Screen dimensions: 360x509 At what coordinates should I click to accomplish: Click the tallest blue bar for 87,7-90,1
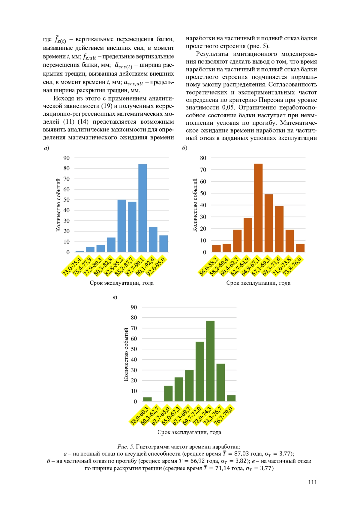point(142,208)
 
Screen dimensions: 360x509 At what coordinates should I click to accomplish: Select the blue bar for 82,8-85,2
point(121,226)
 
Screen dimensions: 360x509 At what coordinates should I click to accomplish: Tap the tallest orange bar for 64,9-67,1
point(258,208)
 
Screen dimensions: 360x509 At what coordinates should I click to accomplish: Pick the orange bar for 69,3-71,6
point(279,229)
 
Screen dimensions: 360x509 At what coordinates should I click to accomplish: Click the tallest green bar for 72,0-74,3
point(210,361)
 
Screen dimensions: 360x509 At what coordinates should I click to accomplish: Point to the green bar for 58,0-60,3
point(147,399)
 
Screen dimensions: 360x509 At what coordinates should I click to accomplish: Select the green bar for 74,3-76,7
point(221,383)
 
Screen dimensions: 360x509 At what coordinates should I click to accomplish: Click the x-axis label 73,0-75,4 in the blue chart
point(72,266)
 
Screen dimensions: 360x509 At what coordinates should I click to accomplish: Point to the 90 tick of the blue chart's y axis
point(66,158)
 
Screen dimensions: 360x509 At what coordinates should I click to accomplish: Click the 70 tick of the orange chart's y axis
point(203,170)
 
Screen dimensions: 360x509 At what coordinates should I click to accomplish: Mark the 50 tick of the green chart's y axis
point(134,349)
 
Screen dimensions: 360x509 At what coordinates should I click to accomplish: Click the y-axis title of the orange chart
point(195,205)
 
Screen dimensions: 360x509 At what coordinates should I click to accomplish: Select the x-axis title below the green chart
point(189,432)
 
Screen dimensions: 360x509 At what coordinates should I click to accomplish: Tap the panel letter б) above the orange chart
point(184,148)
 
